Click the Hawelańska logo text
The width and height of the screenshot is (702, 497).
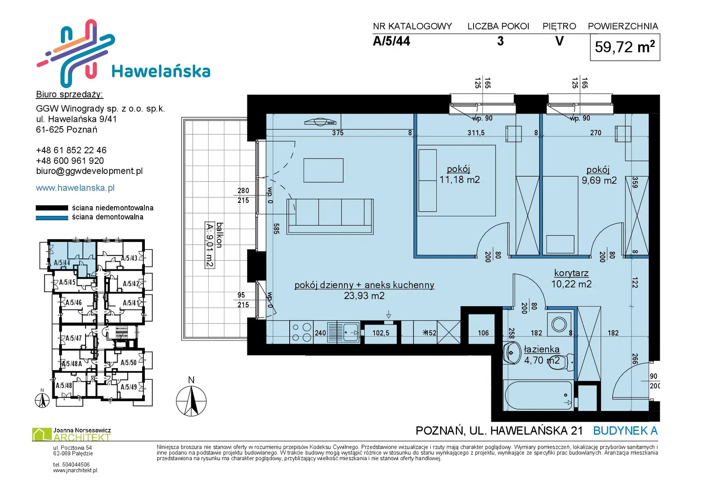161,71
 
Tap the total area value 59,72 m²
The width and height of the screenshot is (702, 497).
625,47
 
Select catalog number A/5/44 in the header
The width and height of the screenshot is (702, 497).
391,41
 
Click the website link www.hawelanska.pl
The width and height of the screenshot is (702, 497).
75,188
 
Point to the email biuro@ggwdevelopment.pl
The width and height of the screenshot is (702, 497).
89,171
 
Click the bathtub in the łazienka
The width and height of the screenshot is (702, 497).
538,395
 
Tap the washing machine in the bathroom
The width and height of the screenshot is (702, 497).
559,324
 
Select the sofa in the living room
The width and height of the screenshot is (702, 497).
330,216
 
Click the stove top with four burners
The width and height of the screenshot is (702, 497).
301,332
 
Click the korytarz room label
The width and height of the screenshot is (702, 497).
571,273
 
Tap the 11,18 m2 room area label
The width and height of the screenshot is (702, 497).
459,180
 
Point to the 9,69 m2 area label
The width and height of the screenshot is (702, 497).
599,180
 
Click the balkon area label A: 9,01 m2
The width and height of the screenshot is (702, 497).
210,245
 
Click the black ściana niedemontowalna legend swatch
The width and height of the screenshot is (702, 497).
51,208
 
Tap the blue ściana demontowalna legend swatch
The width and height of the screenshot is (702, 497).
51,218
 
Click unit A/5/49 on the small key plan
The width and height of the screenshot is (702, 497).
129,387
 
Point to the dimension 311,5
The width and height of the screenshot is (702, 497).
476,133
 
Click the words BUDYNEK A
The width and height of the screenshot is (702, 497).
625,431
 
